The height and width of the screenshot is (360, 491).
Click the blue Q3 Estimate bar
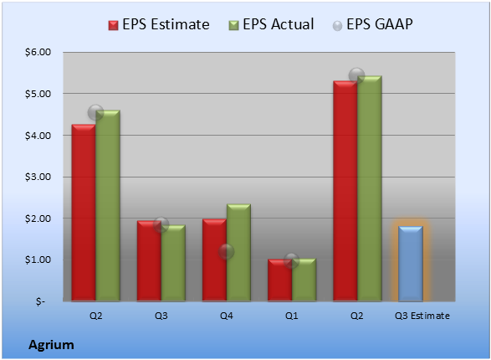click(410, 264)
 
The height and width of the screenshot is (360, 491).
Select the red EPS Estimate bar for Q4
click(214, 260)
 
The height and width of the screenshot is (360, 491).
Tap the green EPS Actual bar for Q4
click(238, 253)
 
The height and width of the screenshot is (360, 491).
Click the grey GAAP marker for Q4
click(226, 252)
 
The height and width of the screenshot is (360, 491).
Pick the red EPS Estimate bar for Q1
click(279, 280)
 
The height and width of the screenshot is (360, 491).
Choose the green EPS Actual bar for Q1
click(304, 280)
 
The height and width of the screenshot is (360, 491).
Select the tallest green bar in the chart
click(370, 188)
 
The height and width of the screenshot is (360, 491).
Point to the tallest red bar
click(345, 191)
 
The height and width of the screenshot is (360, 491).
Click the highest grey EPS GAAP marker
click(356, 75)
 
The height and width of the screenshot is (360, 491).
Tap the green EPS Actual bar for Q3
click(173, 263)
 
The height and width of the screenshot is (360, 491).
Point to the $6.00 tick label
click(38, 52)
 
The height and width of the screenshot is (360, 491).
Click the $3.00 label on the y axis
click(38, 177)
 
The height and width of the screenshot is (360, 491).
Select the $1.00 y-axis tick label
click(38, 260)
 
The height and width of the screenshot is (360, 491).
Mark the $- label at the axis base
click(40, 301)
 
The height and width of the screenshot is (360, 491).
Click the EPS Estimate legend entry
click(159, 24)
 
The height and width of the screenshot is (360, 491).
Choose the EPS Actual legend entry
click(271, 24)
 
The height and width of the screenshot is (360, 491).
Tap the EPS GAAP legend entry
click(372, 24)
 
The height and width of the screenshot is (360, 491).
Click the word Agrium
click(51, 345)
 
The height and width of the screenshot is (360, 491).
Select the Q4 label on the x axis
click(227, 316)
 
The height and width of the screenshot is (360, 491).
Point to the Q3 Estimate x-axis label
click(422, 316)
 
